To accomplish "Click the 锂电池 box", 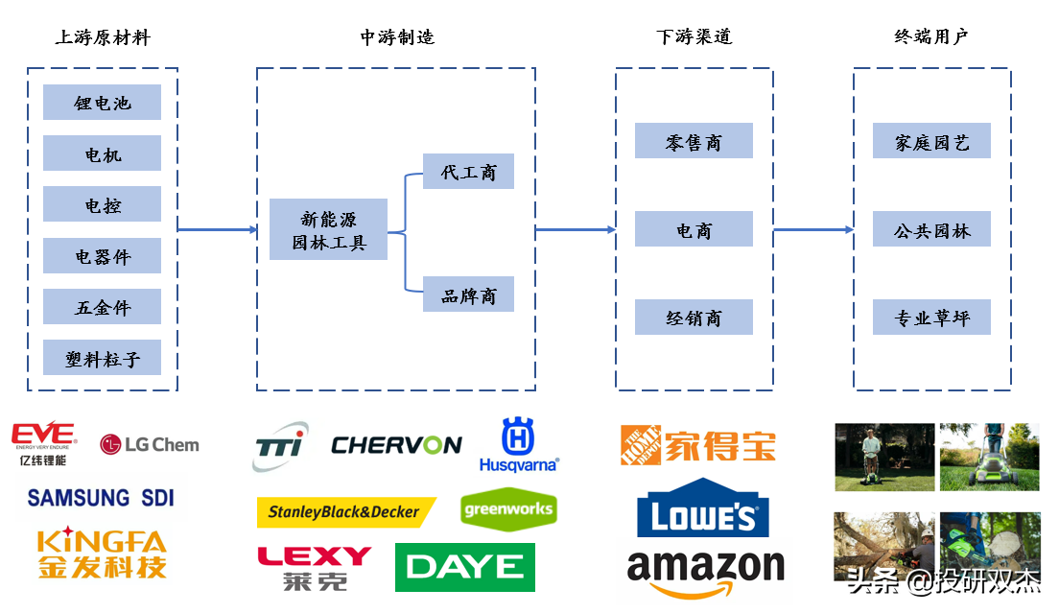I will pyautogui.click(x=102, y=103).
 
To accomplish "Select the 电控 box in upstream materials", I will pyautogui.click(x=102, y=205).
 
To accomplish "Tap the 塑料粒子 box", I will pyautogui.click(x=102, y=359).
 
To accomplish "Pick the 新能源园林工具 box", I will pyautogui.click(x=328, y=230).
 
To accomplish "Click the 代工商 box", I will pyautogui.click(x=468, y=173).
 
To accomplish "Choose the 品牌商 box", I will pyautogui.click(x=468, y=295).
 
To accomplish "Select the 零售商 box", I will pyautogui.click(x=694, y=142).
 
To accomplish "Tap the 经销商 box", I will pyautogui.click(x=694, y=318).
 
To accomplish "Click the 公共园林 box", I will pyautogui.click(x=931, y=230).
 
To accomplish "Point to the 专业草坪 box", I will pyautogui.click(x=931, y=318).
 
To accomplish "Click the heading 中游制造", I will pyautogui.click(x=397, y=37).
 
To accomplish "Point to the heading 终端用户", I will pyautogui.click(x=930, y=37).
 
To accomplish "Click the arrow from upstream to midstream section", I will pyautogui.click(x=218, y=230).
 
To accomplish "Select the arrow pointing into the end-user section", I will pyautogui.click(x=813, y=230).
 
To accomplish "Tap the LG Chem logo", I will pyautogui.click(x=150, y=444).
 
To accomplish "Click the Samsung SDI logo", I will pyautogui.click(x=100, y=497).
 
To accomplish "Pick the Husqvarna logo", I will pyautogui.click(x=518, y=445).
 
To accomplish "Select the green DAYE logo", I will pyautogui.click(x=465, y=567).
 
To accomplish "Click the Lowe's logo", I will pyautogui.click(x=703, y=509).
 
